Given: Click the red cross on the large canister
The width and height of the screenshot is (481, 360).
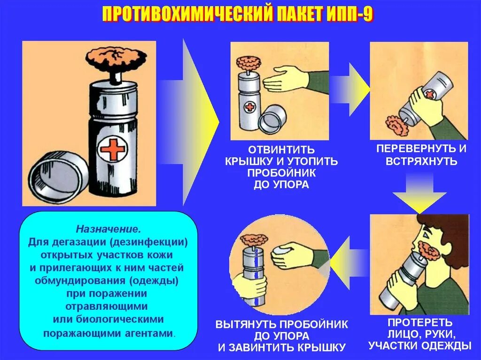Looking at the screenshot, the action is pos(113,150).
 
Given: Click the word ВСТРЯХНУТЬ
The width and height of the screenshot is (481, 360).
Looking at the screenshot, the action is pos(421,161).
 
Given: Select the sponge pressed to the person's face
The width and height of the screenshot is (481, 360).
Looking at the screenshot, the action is pos(428,251).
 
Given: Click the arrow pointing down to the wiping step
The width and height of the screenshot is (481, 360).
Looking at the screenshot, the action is pos(419,192).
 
